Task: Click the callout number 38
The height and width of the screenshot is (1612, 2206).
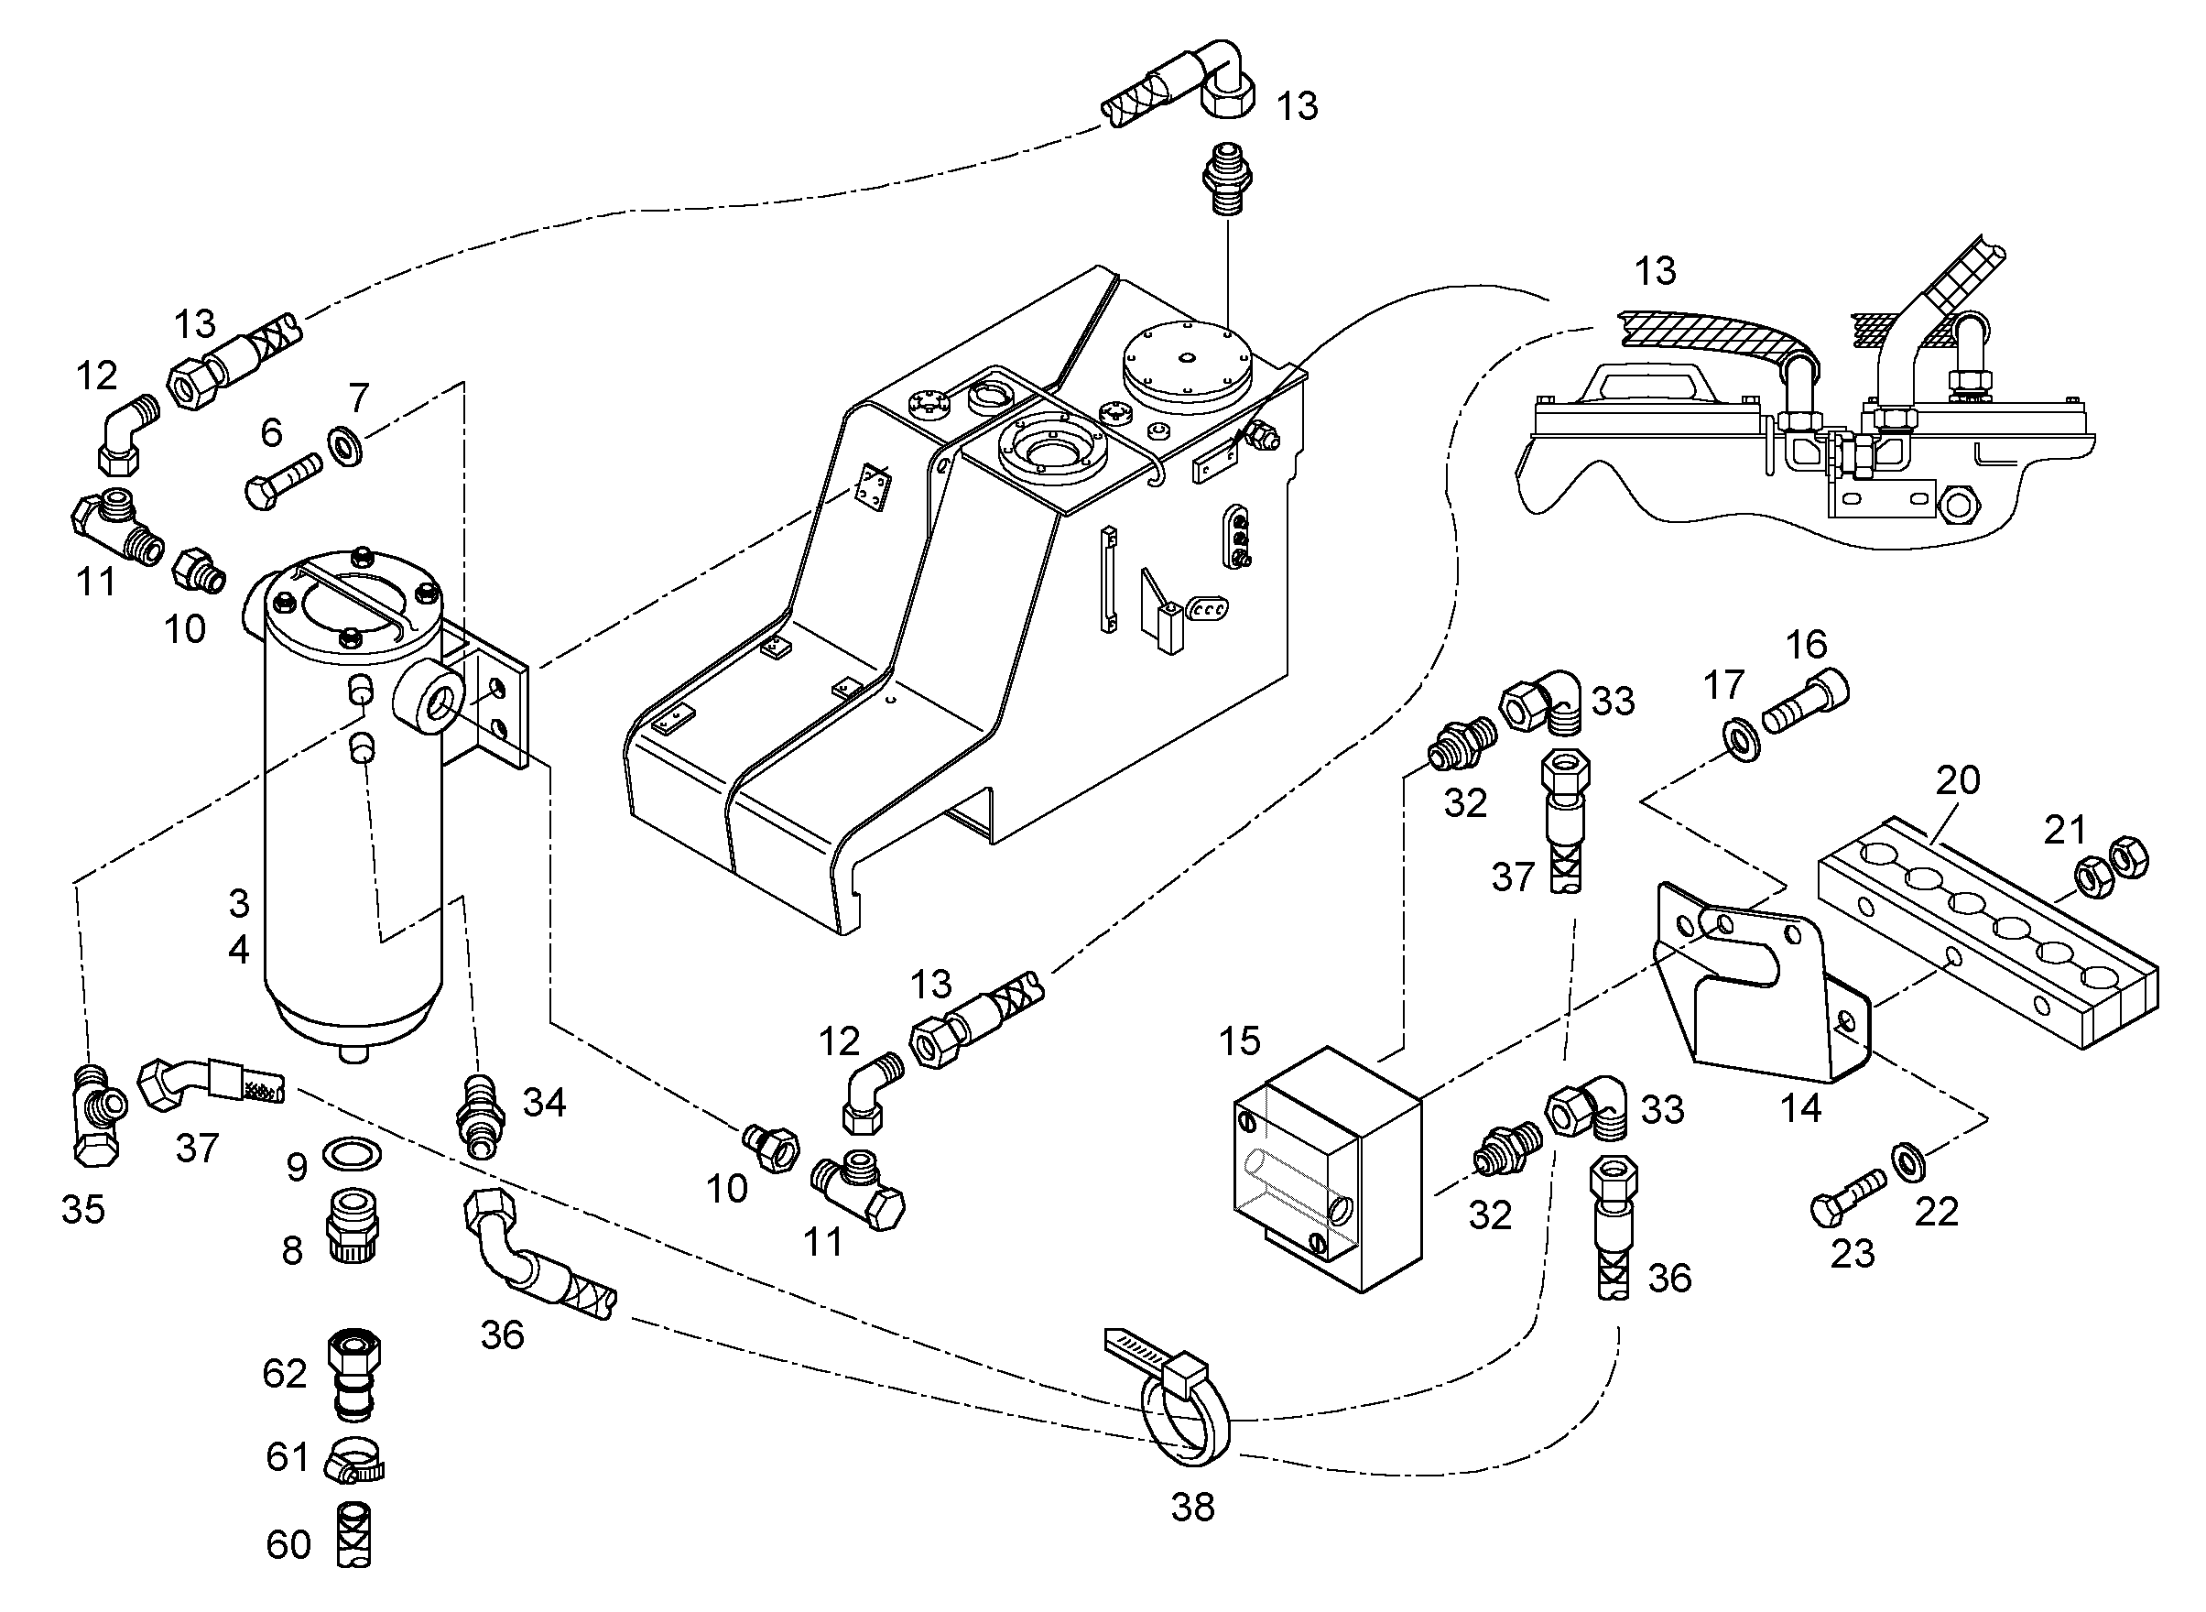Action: coord(1192,1508)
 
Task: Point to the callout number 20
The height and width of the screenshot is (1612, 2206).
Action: coord(1957,779)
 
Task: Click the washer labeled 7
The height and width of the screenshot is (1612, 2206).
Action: coord(346,446)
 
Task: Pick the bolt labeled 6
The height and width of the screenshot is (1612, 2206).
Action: coord(286,482)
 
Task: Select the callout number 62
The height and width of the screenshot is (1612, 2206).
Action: coord(285,1374)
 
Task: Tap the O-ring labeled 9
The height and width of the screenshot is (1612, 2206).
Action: coord(350,1153)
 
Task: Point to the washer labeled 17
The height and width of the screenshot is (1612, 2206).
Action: coord(1742,741)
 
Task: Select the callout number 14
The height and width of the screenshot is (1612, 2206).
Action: coord(1800,1108)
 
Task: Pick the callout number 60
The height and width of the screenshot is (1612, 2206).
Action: coord(288,1544)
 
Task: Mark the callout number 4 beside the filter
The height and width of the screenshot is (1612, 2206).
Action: coord(238,949)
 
